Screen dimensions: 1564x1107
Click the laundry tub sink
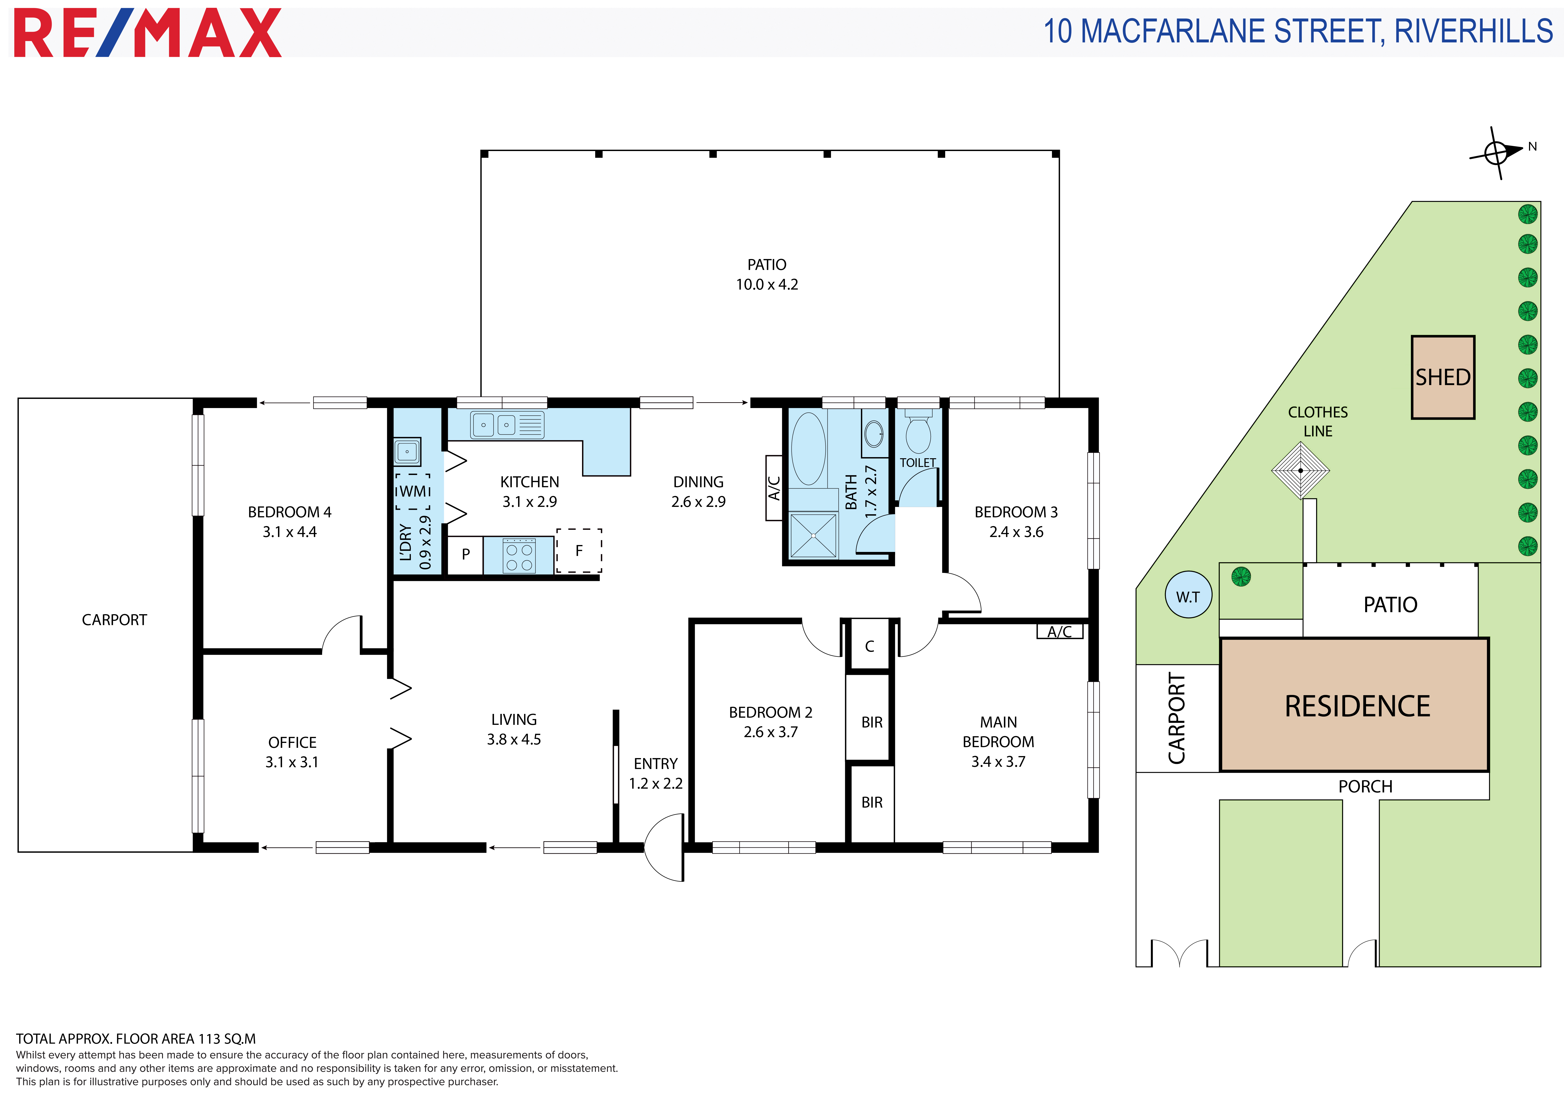407,451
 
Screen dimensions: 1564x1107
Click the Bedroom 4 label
290,512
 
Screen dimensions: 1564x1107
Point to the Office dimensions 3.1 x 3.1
292,762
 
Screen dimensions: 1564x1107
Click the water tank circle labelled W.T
1189,594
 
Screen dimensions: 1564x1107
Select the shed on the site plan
1443,377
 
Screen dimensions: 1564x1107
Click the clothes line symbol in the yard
1300,470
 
